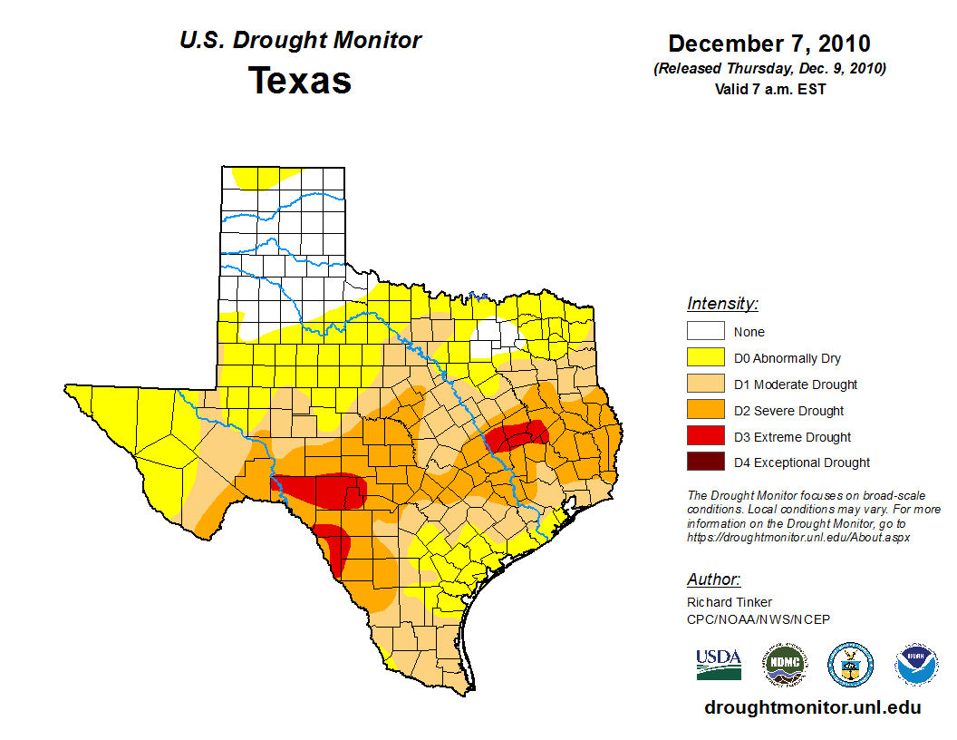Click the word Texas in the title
300,81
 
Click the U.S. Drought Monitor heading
300,41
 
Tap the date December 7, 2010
769,44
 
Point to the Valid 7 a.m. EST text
769,89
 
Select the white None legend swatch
705,332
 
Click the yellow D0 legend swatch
705,358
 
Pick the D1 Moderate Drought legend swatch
705,384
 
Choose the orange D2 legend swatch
705,410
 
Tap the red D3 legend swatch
705,436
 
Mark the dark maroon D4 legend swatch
705,462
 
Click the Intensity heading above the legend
722,304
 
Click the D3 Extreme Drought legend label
792,437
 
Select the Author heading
713,579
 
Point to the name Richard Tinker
730,602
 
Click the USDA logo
719,664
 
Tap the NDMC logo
784,665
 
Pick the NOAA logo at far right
916,665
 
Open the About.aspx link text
797,537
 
